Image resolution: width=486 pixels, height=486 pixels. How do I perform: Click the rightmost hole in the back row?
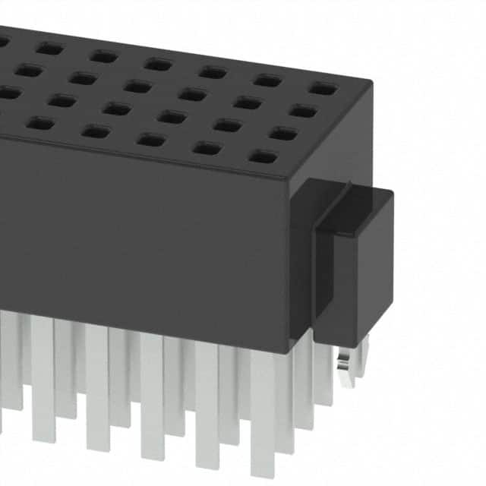(323, 89)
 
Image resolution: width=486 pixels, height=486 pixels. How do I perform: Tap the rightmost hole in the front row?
(263, 157)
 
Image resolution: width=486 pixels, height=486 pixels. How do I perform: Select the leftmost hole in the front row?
(39, 123)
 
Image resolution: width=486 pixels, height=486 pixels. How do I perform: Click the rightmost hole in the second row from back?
(303, 112)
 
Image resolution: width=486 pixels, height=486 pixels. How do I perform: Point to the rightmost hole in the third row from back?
(282, 134)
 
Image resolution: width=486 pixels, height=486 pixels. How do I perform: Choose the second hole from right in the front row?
(207, 148)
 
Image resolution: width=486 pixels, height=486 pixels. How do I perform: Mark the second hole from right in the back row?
(268, 80)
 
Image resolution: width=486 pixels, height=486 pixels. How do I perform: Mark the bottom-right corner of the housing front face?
(289, 353)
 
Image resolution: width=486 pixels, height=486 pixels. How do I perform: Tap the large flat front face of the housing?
(137, 243)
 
